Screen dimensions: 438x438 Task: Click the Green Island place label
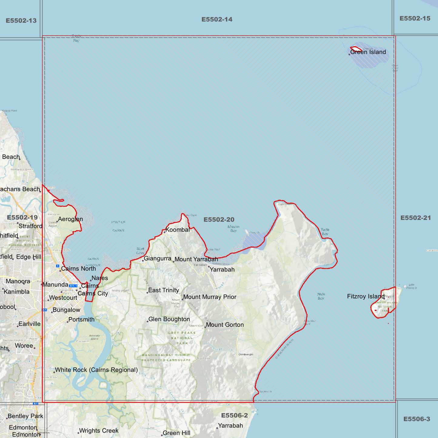(x=368, y=52)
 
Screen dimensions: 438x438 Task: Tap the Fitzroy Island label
(x=366, y=296)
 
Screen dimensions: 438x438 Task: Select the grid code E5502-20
(x=219, y=220)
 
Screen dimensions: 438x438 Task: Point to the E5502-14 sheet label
(x=217, y=20)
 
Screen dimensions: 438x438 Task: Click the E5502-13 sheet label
(x=21, y=21)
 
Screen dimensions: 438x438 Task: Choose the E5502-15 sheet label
(x=415, y=19)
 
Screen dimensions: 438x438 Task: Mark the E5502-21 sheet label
(x=415, y=218)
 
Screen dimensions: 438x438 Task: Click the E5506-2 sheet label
(x=234, y=416)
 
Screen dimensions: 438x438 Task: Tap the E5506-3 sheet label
(x=416, y=419)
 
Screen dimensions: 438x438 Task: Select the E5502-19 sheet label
(x=22, y=218)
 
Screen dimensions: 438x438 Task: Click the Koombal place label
(x=178, y=230)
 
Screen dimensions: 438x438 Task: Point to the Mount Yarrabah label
(x=196, y=259)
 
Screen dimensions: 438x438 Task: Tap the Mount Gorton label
(x=225, y=325)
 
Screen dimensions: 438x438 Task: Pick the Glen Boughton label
(x=169, y=319)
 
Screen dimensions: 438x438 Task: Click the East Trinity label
(x=163, y=290)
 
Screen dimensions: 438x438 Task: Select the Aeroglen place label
(x=70, y=219)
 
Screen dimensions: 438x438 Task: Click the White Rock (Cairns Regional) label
(x=96, y=370)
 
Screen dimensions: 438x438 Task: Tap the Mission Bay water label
(x=233, y=229)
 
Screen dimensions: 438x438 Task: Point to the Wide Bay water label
(x=321, y=296)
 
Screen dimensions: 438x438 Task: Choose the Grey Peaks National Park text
(x=182, y=338)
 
